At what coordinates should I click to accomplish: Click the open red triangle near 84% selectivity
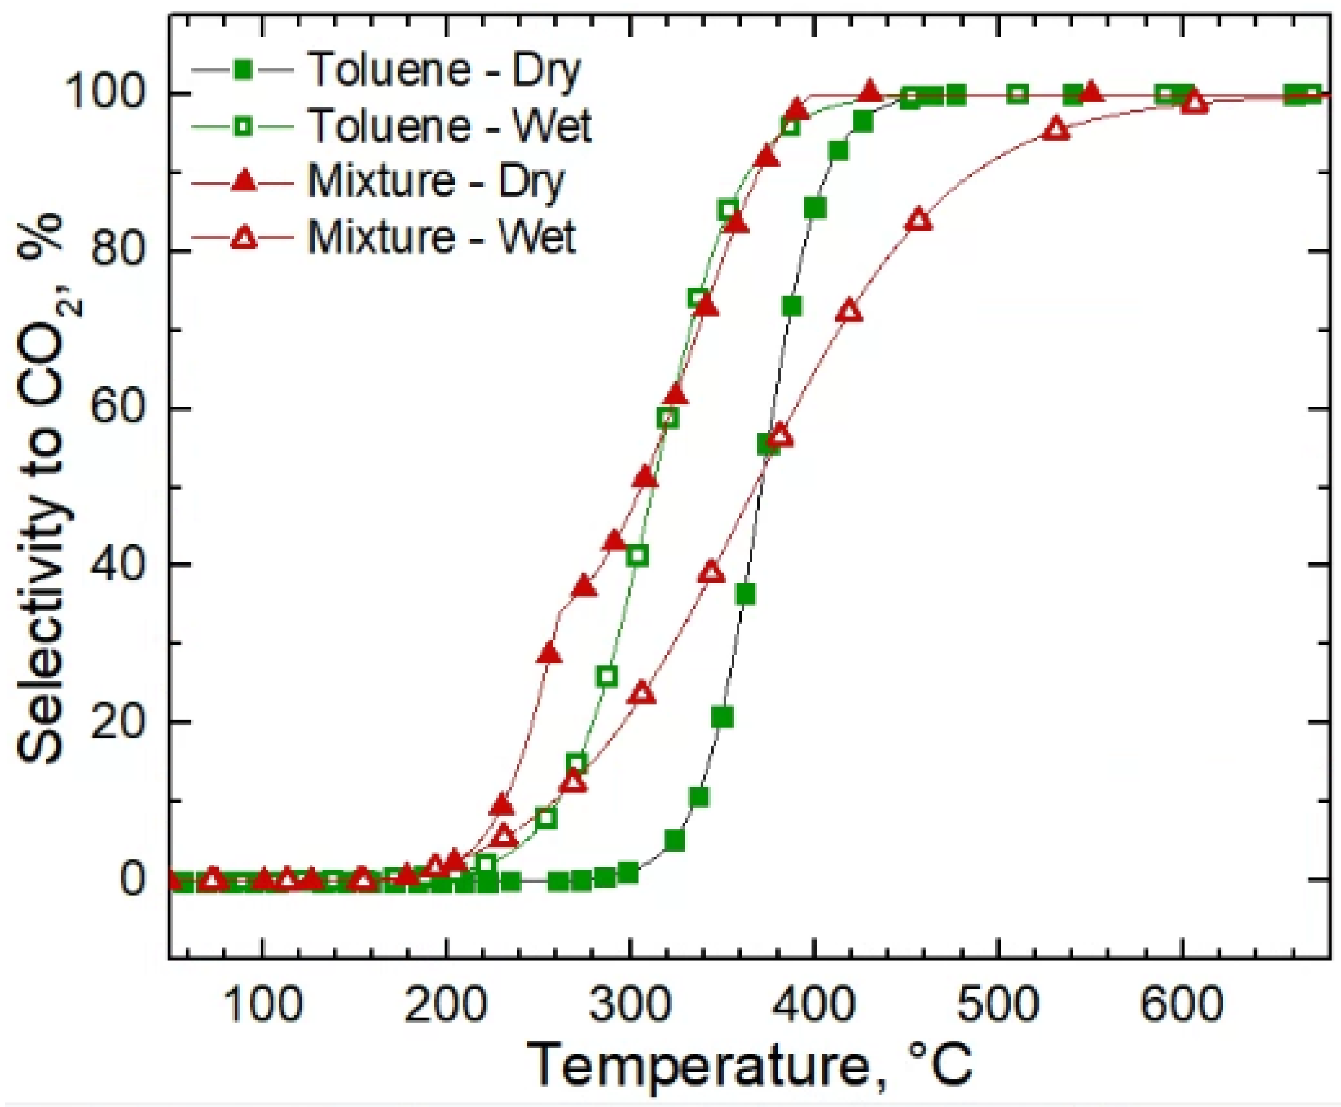click(918, 220)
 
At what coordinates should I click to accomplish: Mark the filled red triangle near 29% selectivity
click(550, 655)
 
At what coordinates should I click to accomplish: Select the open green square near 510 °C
click(1018, 95)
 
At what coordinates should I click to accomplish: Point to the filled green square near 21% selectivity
click(723, 717)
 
